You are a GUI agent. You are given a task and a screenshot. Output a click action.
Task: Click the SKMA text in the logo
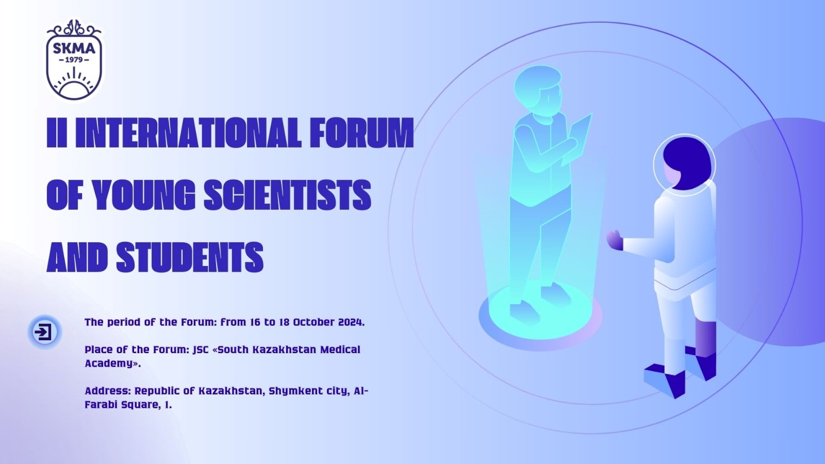coord(74,48)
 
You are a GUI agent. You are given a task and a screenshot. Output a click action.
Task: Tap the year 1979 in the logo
coord(74,60)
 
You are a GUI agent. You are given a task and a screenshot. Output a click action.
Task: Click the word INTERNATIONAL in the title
coord(190,132)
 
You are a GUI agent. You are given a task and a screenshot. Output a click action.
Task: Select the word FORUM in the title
coord(361,132)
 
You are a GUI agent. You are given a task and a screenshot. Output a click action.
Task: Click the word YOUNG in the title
coord(143,195)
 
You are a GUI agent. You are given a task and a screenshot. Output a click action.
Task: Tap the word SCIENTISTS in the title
coord(287,195)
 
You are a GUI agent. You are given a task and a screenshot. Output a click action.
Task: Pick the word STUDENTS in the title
coord(190,257)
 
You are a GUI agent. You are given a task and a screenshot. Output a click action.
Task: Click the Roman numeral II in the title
coord(57,132)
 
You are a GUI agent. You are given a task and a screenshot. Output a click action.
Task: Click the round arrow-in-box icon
coord(44,332)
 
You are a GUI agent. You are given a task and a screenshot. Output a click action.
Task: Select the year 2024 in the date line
coord(351,322)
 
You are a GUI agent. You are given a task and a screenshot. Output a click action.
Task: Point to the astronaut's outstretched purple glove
coord(615,240)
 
